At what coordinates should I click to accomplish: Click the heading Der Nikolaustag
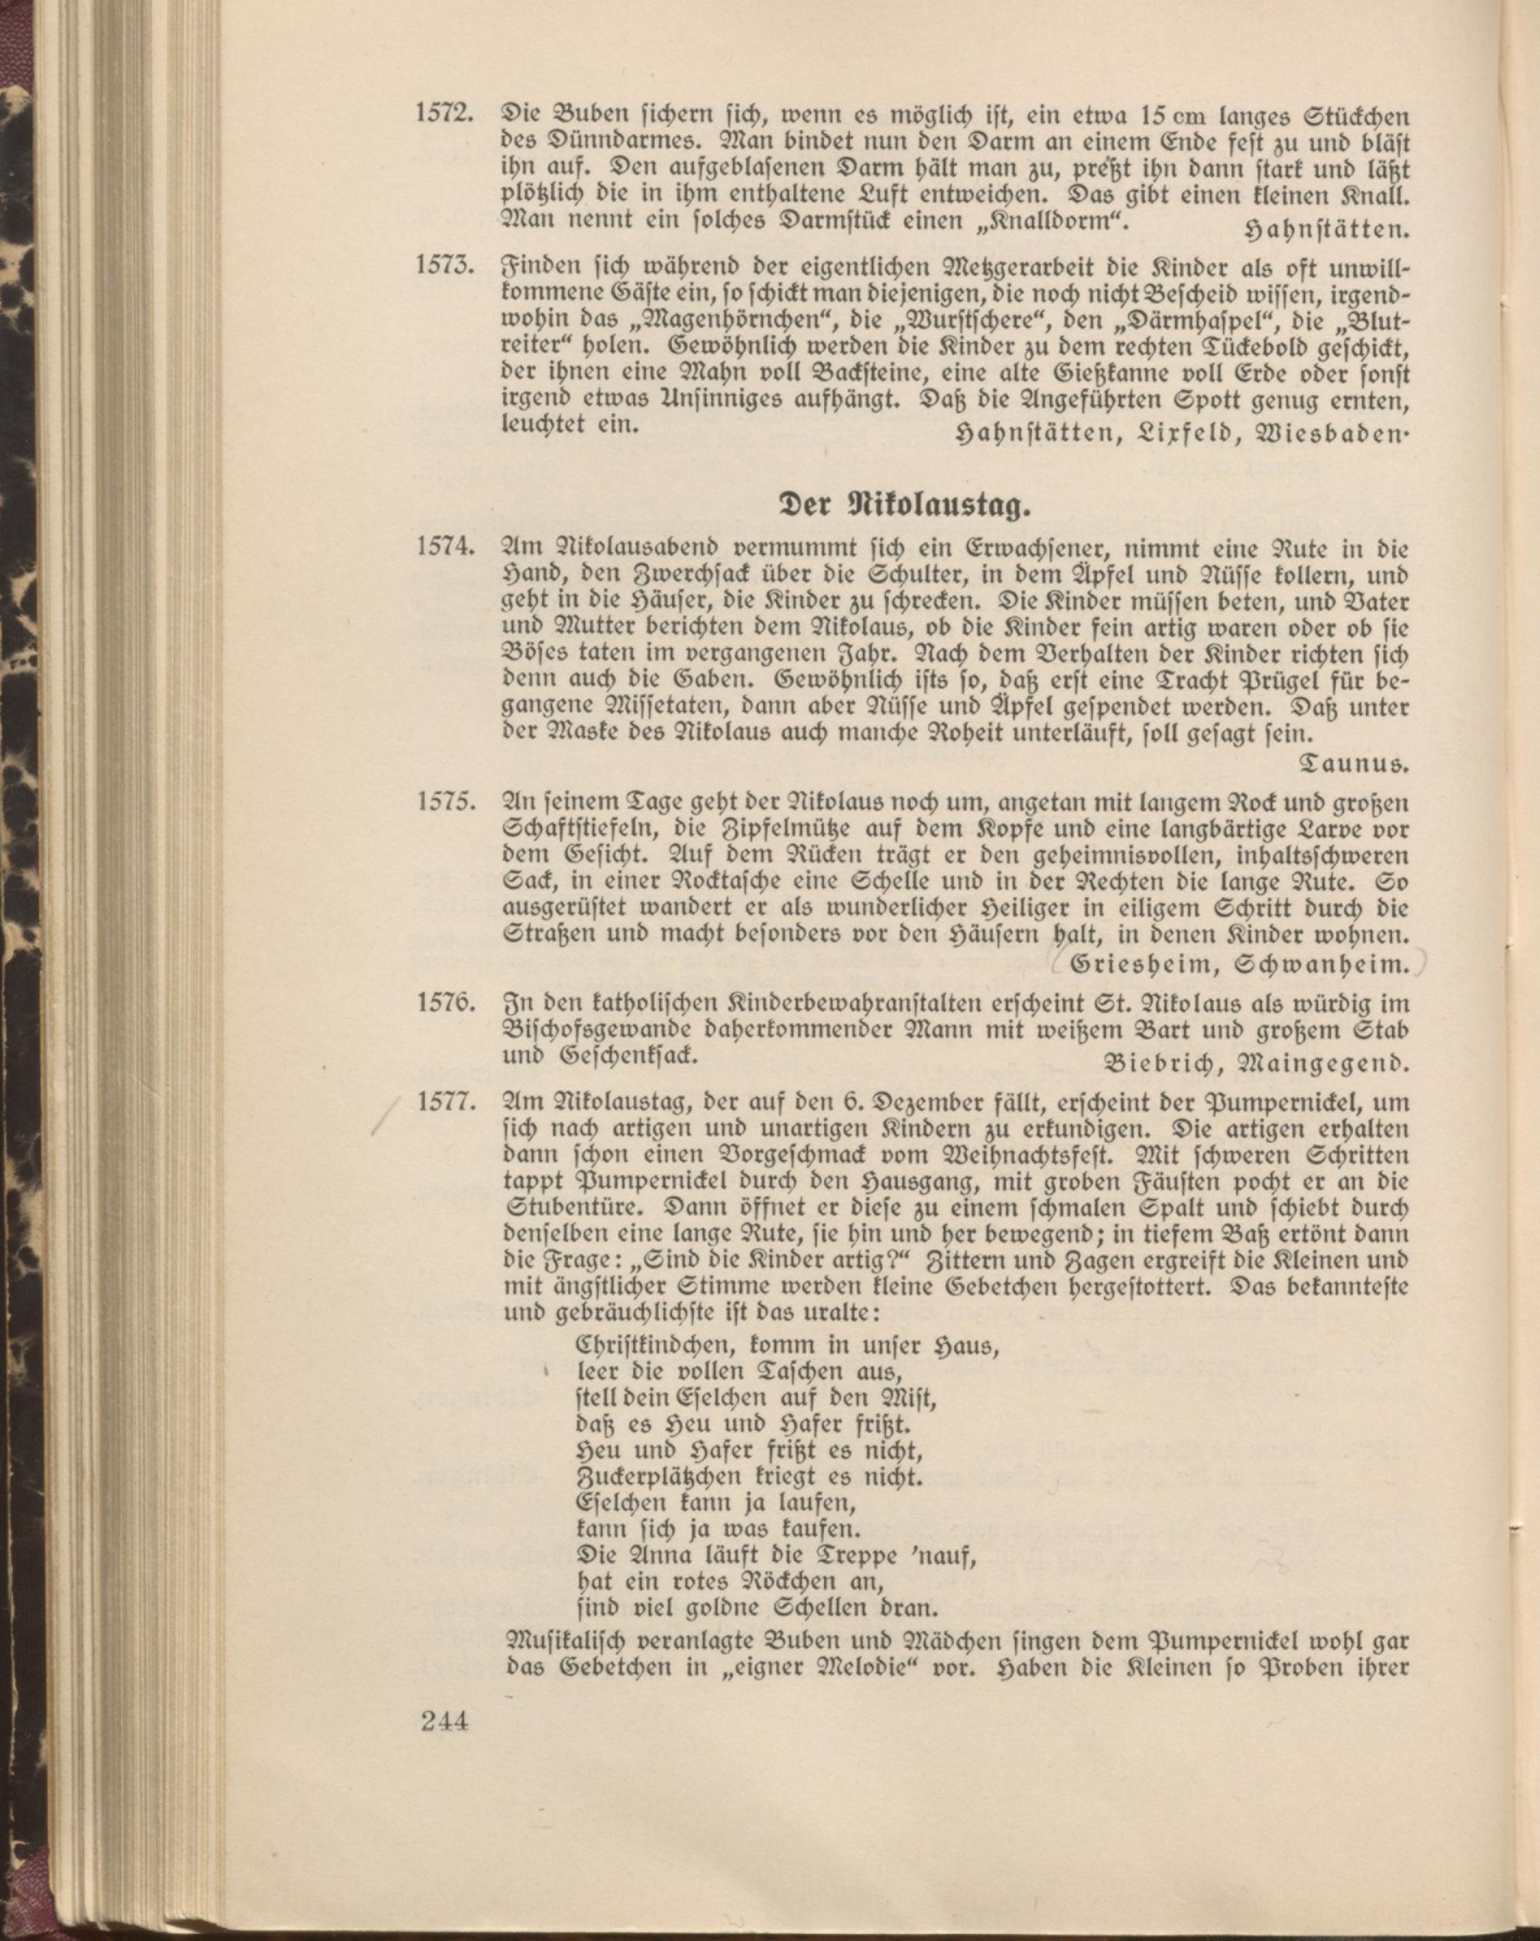pos(905,505)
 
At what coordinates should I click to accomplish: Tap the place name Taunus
pos(1354,766)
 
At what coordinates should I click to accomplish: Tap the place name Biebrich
pos(1163,1063)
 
